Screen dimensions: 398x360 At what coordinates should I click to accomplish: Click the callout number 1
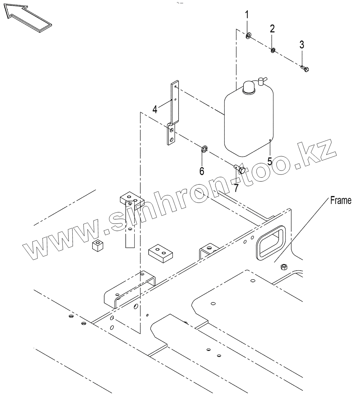pos(247,15)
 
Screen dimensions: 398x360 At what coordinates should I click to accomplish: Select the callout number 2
pos(272,29)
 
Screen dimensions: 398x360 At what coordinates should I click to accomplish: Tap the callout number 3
pos(302,44)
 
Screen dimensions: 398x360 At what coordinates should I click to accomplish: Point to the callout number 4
pos(155,109)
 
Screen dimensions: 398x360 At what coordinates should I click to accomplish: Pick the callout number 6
pos(202,171)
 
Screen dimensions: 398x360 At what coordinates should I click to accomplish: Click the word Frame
pos(341,201)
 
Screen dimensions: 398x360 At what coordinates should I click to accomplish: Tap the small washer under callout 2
pos(272,50)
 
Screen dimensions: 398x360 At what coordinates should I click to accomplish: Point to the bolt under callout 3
pos(305,69)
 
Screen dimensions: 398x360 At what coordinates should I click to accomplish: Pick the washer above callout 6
pos(205,148)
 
